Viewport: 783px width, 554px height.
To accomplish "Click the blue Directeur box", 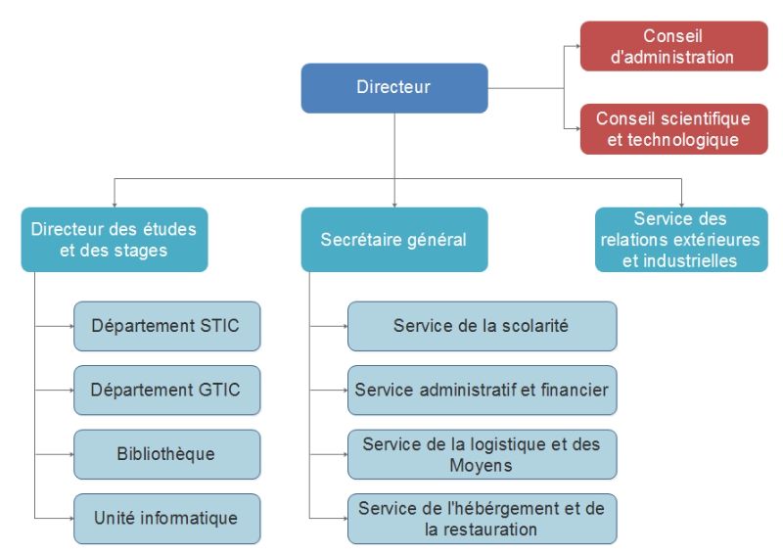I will pyautogui.click(x=393, y=88).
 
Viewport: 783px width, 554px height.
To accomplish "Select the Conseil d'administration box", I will pyautogui.click(x=672, y=47).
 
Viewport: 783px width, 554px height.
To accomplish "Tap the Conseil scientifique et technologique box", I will pyautogui.click(x=672, y=129).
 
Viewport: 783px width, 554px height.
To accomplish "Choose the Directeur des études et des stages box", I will pyautogui.click(x=115, y=239).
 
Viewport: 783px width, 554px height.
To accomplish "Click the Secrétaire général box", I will pyautogui.click(x=393, y=239).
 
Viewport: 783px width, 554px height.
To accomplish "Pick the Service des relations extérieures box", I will pyautogui.click(x=681, y=239).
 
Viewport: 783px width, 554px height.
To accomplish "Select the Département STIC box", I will pyautogui.click(x=166, y=325).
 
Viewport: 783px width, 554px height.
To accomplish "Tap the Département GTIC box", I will pyautogui.click(x=166, y=390).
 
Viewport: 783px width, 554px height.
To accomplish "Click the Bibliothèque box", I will pyautogui.click(x=166, y=454).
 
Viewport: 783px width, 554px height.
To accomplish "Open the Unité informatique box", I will pyautogui.click(x=166, y=518).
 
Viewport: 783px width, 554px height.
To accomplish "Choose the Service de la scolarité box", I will pyautogui.click(x=482, y=325).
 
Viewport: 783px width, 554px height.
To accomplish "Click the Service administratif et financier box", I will pyautogui.click(x=482, y=390).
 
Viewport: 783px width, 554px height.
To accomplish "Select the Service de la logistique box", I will pyautogui.click(x=482, y=454).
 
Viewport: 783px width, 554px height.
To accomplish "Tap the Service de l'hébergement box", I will pyautogui.click(x=482, y=518).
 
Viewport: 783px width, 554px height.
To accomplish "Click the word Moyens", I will pyautogui.click(x=481, y=465).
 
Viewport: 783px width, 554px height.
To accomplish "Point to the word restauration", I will pyautogui.click(x=481, y=530).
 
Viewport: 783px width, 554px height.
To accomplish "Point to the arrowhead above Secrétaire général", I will pyautogui.click(x=393, y=203).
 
